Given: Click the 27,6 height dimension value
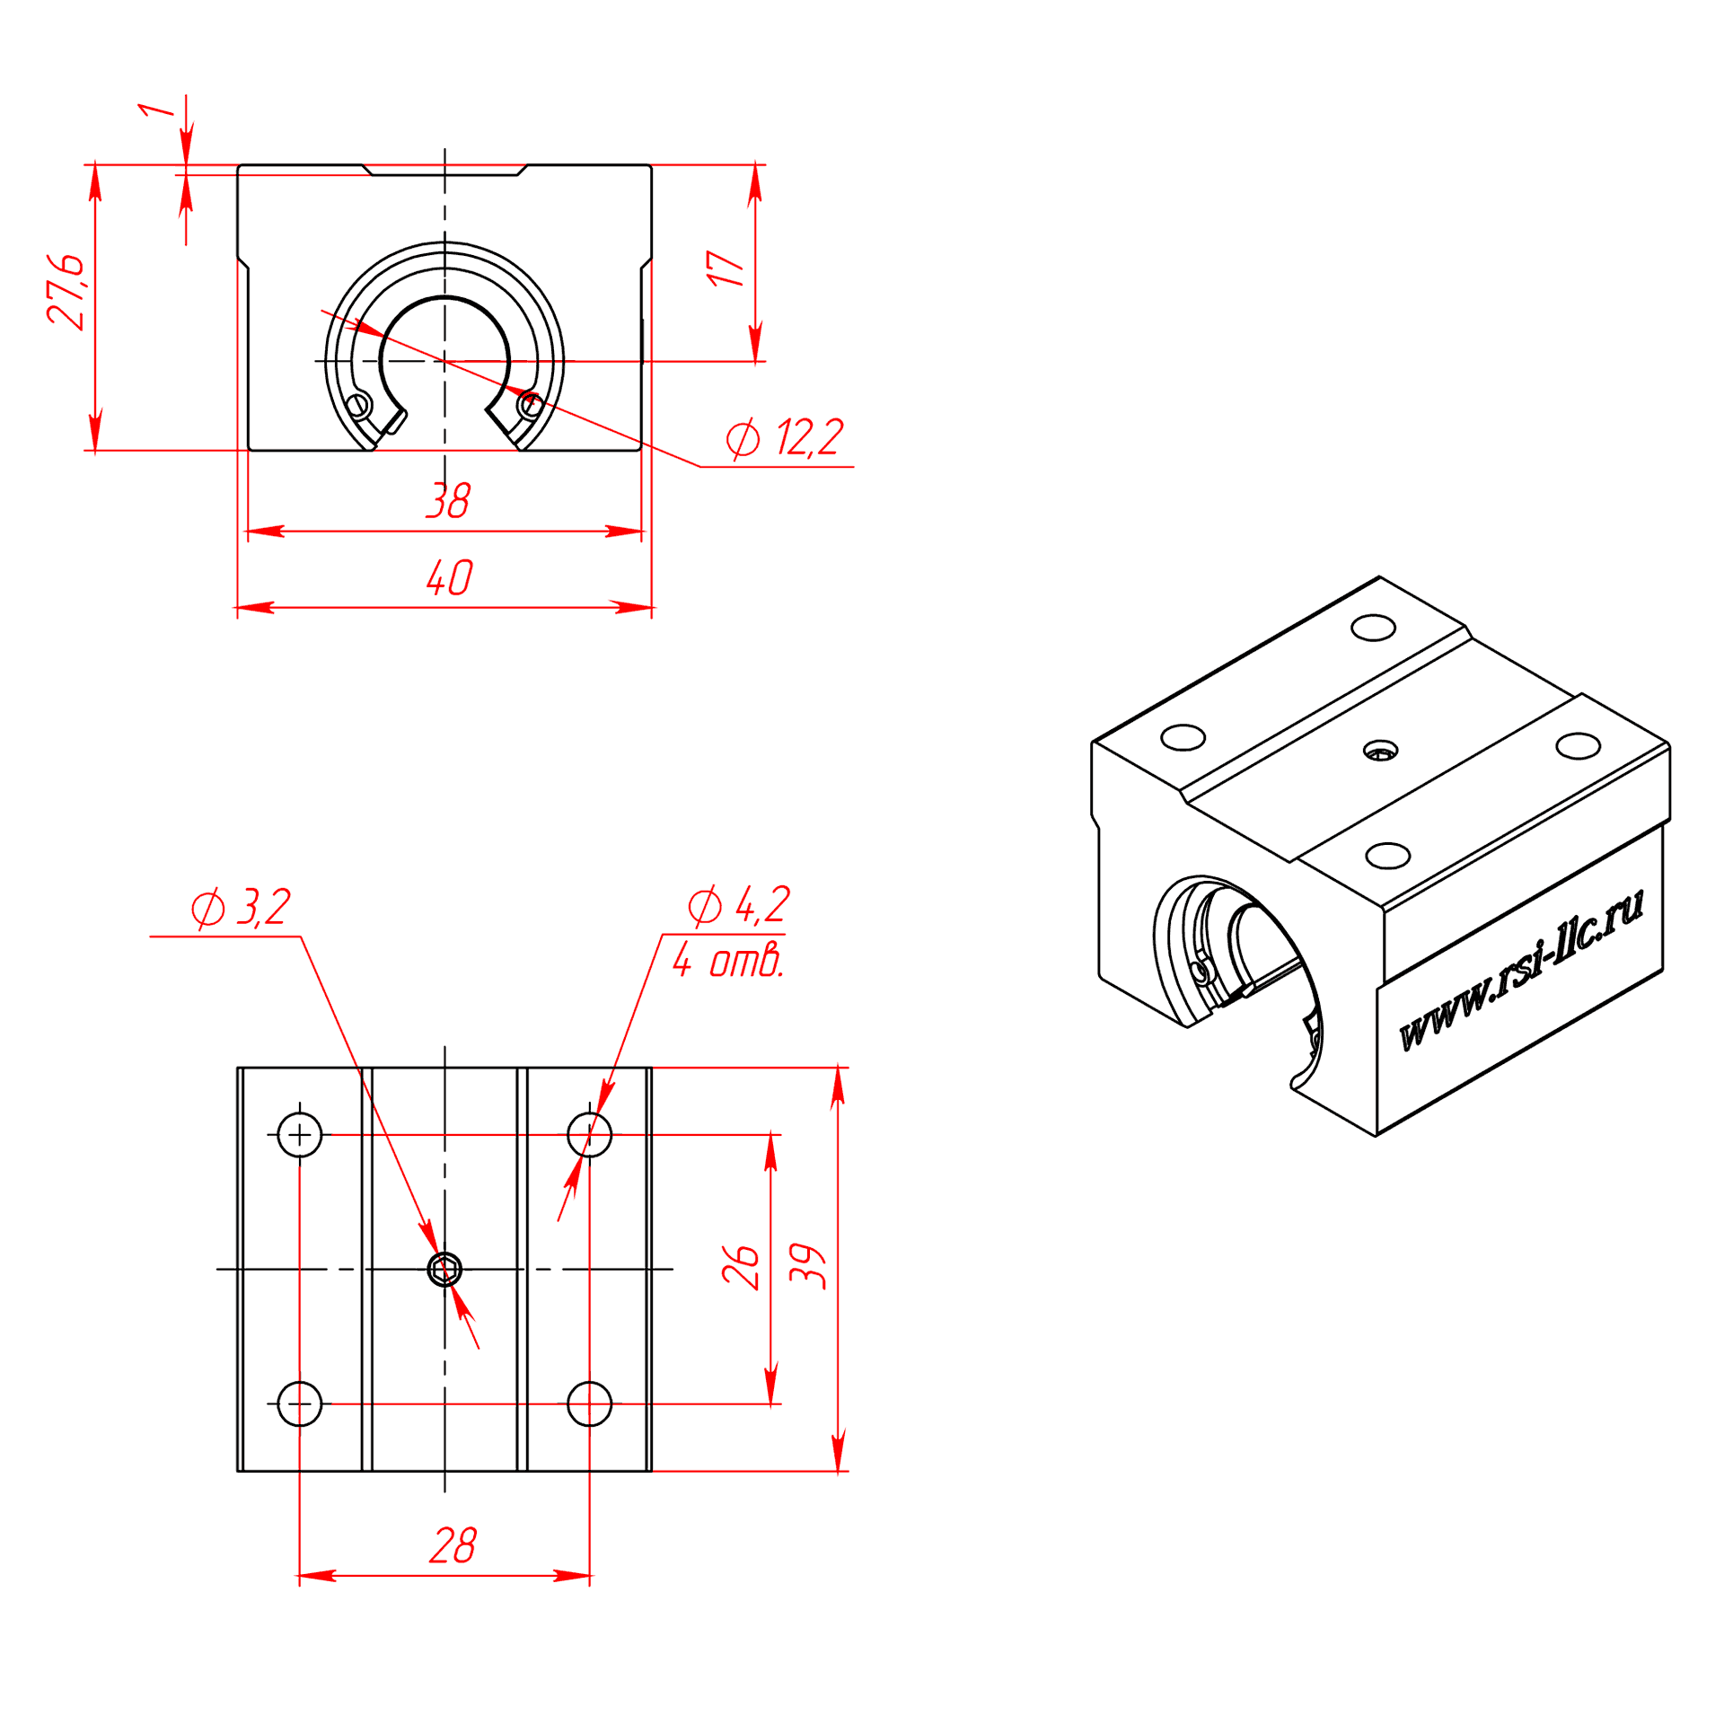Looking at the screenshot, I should tap(66, 292).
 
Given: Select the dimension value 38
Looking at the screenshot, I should tap(448, 500).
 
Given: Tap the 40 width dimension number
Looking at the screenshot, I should tap(449, 576).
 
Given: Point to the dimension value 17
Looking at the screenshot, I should tap(726, 268).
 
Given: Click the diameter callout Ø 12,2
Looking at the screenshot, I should tap(785, 438).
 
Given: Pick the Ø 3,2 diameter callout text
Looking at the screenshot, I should tap(241, 908).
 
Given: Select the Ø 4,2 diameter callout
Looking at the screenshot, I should tap(738, 904).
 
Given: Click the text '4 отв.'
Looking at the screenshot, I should tap(728, 961).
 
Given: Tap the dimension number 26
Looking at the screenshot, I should tap(741, 1267).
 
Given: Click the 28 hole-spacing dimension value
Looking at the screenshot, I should tap(453, 1545).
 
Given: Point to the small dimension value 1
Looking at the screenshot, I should tap(156, 110).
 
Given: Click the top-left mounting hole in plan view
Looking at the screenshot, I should tap(300, 1135).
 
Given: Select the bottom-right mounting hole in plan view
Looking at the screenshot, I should tap(589, 1403).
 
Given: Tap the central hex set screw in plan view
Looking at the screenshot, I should tap(444, 1270).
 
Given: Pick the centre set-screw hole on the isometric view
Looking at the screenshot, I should tap(1380, 751).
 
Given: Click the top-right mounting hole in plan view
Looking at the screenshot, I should tap(589, 1135).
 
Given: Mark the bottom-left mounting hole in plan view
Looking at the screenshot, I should tap(300, 1403).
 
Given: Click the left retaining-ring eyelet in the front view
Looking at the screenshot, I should tap(359, 405).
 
